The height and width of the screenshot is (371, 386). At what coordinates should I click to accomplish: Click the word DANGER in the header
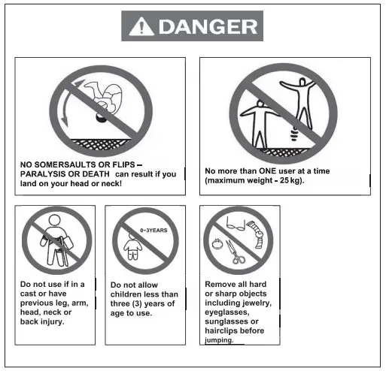pyautogui.click(x=206, y=28)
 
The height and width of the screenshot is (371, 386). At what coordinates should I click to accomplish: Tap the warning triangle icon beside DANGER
pyautogui.click(x=140, y=29)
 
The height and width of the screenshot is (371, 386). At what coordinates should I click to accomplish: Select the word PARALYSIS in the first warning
pyautogui.click(x=52, y=174)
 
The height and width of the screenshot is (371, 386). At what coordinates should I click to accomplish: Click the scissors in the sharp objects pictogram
pyautogui.click(x=238, y=254)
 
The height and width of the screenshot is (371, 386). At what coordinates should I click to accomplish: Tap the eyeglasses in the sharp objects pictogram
pyautogui.click(x=234, y=223)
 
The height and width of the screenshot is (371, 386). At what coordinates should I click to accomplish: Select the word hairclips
pyautogui.click(x=225, y=330)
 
